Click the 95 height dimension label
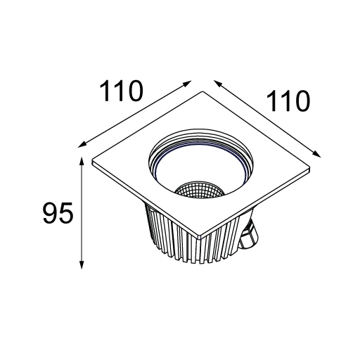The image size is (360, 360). pos(58,213)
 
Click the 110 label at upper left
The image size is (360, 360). pos(121,91)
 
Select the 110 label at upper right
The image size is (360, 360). pos(288,101)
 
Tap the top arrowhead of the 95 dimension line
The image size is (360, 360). pos(82,160)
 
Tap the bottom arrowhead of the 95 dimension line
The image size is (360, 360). pos(82,265)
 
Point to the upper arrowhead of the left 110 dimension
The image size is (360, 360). pos(188,83)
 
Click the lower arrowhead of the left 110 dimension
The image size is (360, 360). pos(82,145)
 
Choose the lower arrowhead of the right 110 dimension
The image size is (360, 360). pos(316,154)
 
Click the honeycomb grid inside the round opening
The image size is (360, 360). pos(200,188)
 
